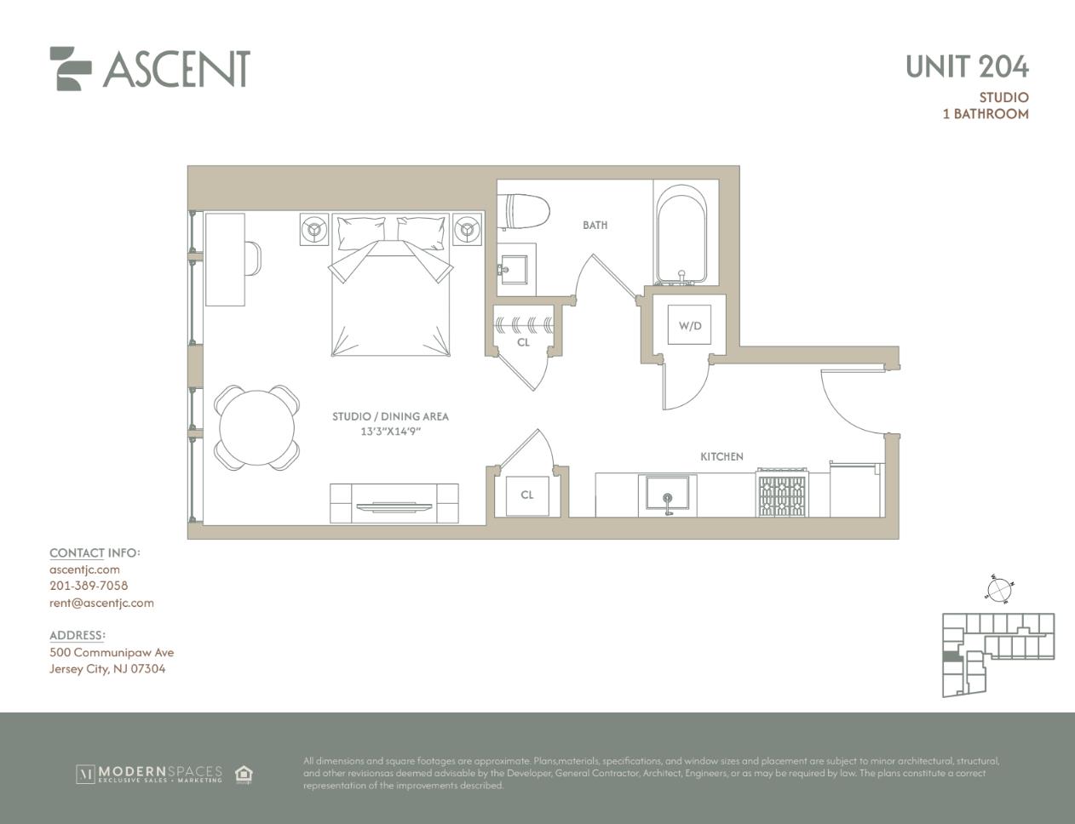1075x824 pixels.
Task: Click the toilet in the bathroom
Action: pyautogui.click(x=526, y=212)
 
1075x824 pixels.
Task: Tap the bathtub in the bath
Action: pyautogui.click(x=681, y=235)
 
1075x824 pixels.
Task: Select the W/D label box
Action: pyautogui.click(x=690, y=325)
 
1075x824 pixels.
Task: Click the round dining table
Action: pyautogui.click(x=256, y=427)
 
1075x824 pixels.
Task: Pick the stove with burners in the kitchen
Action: pyautogui.click(x=783, y=492)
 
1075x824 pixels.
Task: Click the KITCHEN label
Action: pyautogui.click(x=721, y=457)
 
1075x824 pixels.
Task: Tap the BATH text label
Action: pyautogui.click(x=595, y=226)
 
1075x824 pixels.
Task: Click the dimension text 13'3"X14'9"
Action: pyautogui.click(x=390, y=432)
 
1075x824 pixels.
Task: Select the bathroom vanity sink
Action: pyautogui.click(x=515, y=269)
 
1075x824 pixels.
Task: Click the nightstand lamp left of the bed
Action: pyautogui.click(x=314, y=229)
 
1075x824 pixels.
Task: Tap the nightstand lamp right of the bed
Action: pyautogui.click(x=467, y=229)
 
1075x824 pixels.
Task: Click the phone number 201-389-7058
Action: pyautogui.click(x=89, y=586)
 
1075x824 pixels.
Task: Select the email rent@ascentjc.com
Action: pyautogui.click(x=101, y=603)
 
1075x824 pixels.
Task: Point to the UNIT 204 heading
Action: pyautogui.click(x=967, y=66)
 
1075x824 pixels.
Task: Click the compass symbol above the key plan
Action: pyautogui.click(x=999, y=590)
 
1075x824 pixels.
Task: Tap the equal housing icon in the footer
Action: pyautogui.click(x=244, y=774)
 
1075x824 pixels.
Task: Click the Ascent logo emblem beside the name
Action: pyautogui.click(x=70, y=69)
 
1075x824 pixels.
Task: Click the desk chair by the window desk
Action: pyautogui.click(x=253, y=258)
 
